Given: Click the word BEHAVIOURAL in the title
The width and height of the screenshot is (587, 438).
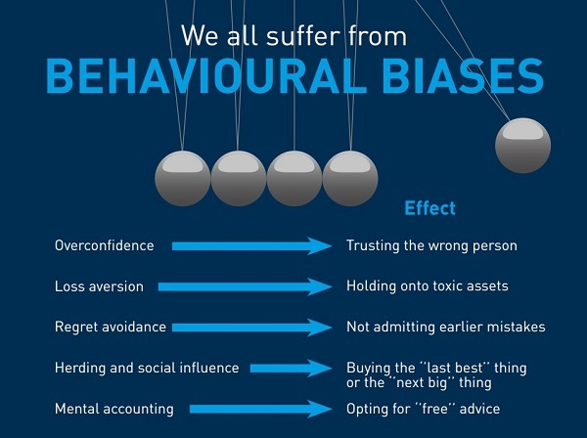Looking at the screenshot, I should [x=206, y=76].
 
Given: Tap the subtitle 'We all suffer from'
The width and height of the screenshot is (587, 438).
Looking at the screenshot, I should [x=293, y=35].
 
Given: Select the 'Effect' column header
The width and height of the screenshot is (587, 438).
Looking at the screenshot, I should [x=429, y=208].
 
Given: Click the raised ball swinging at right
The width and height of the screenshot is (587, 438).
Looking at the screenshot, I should [x=522, y=145].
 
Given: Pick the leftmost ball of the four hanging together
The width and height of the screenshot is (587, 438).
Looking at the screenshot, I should [x=183, y=178].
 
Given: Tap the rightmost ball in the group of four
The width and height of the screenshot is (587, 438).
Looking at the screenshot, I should [x=350, y=178].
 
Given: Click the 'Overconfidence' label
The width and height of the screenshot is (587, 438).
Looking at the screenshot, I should [x=104, y=245].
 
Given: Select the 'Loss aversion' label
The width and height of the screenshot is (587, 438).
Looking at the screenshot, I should [x=99, y=286].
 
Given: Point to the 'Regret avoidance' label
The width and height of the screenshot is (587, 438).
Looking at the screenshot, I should [x=110, y=327].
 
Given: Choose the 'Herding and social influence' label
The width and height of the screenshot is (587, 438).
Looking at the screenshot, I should [x=147, y=368].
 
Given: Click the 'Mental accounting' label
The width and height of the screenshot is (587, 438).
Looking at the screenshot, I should [x=113, y=409].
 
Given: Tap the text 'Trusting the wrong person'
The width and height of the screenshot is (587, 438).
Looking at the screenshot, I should [x=431, y=245].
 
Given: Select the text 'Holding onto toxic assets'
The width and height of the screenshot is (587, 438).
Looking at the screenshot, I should [x=427, y=286].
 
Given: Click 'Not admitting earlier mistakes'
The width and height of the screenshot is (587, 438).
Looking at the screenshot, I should [x=445, y=327].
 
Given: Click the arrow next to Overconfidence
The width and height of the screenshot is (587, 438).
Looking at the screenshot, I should [x=251, y=246].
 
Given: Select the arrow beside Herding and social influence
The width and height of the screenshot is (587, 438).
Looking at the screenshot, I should [x=291, y=369].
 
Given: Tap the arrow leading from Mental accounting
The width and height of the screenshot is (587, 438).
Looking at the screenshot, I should [x=260, y=410].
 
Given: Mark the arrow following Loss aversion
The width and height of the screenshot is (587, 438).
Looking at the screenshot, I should [x=245, y=287].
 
